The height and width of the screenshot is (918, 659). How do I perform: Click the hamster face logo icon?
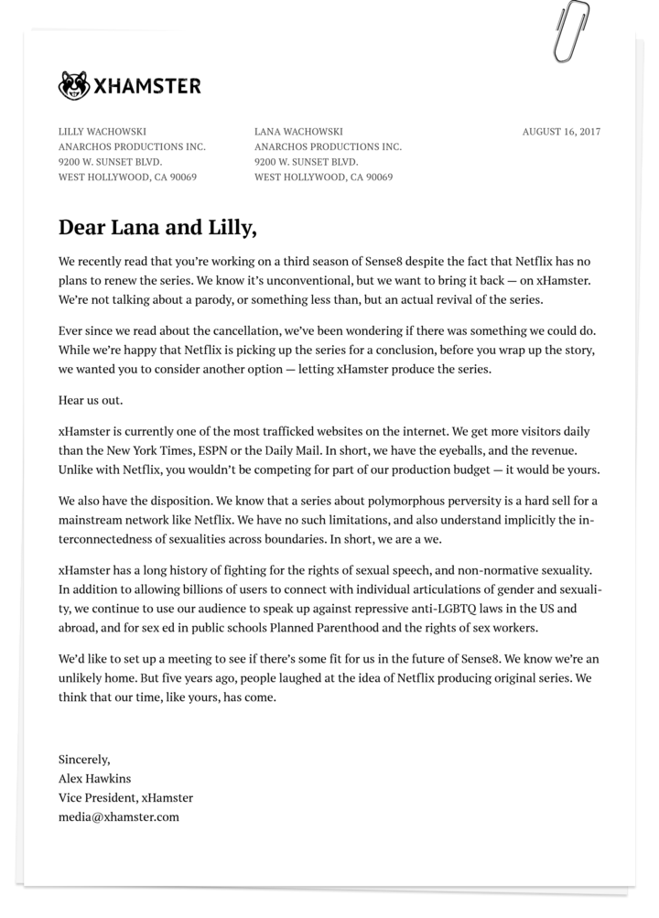click(x=74, y=86)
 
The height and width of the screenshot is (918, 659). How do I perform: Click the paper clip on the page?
click(x=574, y=30)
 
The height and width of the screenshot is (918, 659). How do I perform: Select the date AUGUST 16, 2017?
click(x=561, y=132)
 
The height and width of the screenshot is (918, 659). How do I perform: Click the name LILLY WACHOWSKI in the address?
click(x=103, y=132)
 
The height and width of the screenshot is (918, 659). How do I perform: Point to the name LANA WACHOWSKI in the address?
click(x=298, y=132)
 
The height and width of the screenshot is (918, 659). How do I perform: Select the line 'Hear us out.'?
click(x=91, y=401)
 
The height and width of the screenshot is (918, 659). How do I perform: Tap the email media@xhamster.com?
click(x=119, y=816)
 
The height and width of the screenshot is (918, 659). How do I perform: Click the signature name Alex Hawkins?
click(x=94, y=778)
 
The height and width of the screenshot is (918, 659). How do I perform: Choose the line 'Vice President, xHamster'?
click(x=125, y=797)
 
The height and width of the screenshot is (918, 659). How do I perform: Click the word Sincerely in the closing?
click(x=84, y=759)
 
